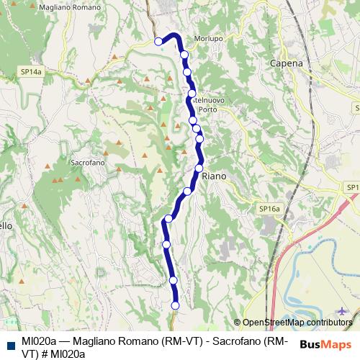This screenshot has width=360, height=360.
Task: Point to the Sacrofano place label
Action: click(89, 163)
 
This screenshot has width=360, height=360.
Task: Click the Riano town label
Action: click(215, 176)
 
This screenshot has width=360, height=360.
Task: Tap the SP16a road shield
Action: click(269, 209)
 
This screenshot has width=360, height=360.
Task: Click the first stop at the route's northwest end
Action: click(159, 42)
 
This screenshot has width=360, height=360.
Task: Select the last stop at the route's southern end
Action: click(175, 305)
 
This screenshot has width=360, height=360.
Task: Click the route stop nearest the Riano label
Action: click(199, 168)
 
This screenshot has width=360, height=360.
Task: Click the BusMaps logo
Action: click(325, 344)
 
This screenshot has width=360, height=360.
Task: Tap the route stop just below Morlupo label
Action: click(184, 55)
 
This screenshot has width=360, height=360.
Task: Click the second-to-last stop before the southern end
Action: click(173, 280)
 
